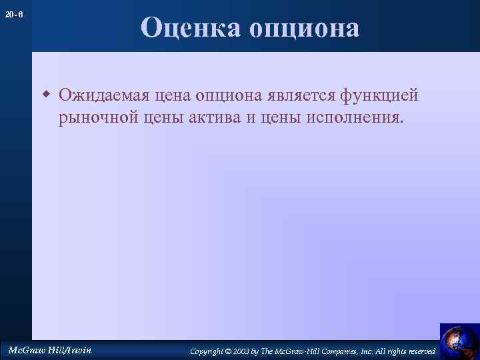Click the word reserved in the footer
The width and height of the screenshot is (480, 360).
[422, 351]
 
